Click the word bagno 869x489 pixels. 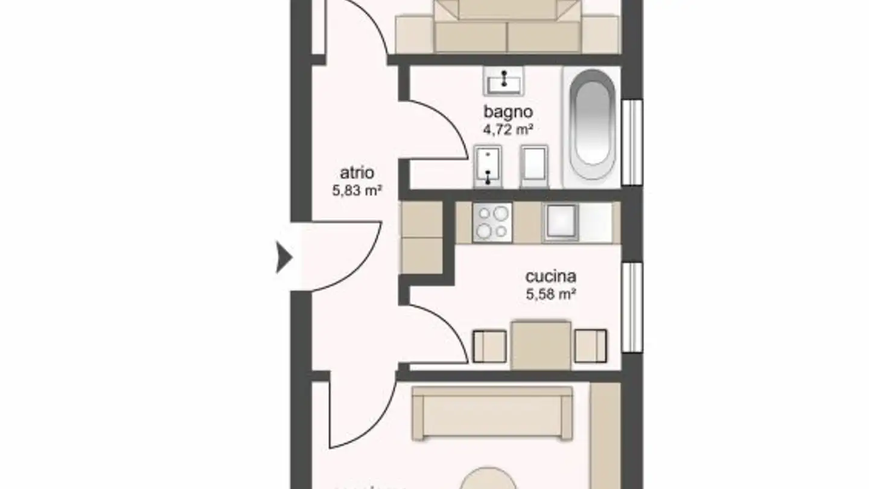click(x=508, y=112)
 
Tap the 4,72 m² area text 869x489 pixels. click(x=508, y=129)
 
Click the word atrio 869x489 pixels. click(x=357, y=173)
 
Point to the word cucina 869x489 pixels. click(x=550, y=277)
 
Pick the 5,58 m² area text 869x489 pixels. click(x=550, y=295)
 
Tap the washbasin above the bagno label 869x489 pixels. click(x=503, y=81)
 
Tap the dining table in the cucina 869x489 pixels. click(x=541, y=345)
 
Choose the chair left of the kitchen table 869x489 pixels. click(x=488, y=346)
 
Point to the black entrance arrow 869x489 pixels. click(x=284, y=258)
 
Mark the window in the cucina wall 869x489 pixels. click(x=632, y=307)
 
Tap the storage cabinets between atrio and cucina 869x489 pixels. click(x=421, y=238)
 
